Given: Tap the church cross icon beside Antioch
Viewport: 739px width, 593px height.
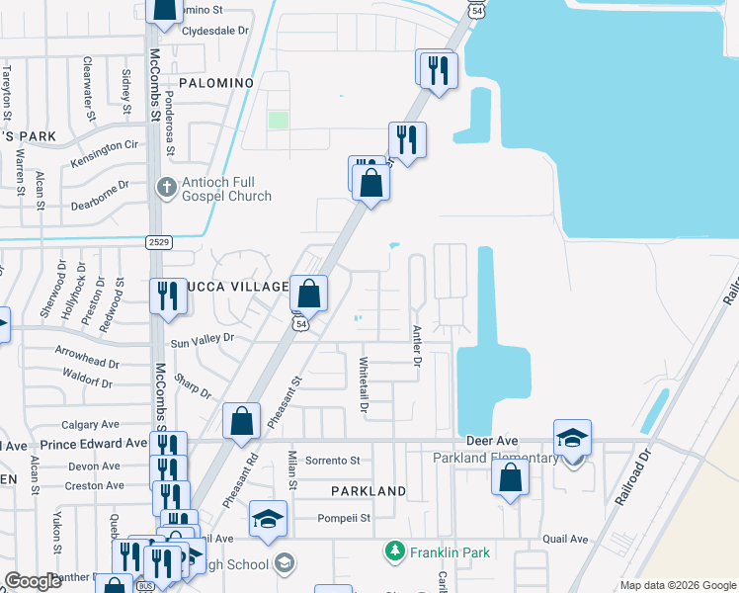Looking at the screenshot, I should point(168,186).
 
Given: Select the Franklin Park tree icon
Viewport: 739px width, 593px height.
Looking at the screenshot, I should point(394,549).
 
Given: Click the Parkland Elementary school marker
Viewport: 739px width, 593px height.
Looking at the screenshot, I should point(572,440).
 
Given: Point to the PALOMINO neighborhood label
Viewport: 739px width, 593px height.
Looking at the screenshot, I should point(216,83).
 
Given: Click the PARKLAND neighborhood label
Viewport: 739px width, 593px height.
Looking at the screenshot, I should point(369,491).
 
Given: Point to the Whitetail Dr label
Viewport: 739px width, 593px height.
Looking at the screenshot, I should point(364,384).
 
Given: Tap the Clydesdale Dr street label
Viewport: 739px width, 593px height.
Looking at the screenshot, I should point(214,31).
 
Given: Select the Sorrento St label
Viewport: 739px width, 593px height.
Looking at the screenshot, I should point(333,461).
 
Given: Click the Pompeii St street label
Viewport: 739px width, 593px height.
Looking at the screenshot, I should point(343,517).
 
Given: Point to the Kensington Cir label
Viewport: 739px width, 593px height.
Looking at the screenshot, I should point(105,151).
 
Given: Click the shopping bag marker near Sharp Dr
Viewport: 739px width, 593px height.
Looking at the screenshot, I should point(241,422).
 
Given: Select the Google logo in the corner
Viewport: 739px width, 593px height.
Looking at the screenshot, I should point(34,581).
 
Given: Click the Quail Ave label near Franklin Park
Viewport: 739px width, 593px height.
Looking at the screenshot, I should point(565,539).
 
